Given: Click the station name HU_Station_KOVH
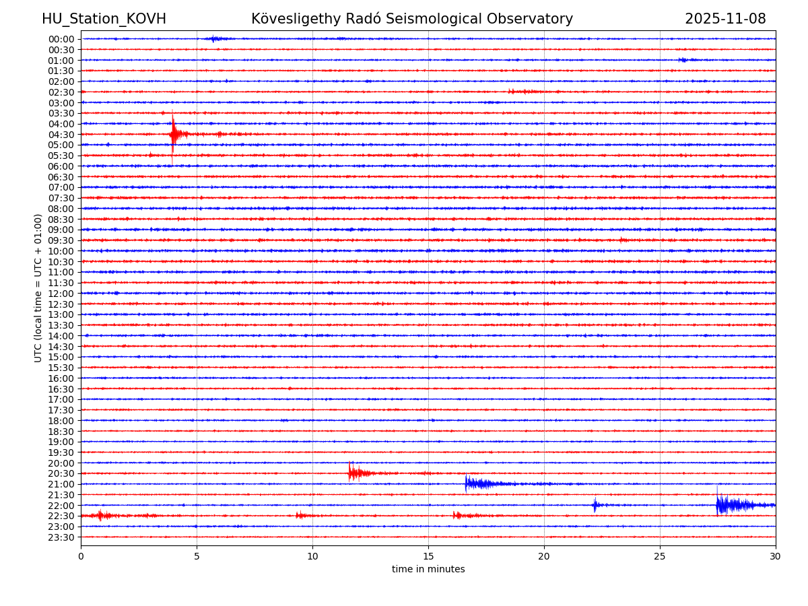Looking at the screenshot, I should [104, 19].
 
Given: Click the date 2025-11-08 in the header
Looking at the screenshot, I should [725, 19].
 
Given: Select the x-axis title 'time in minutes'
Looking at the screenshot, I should [428, 570].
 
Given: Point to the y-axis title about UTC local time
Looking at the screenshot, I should [38, 288].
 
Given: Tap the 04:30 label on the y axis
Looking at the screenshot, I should [61, 135].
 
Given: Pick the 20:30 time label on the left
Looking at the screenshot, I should [61, 474].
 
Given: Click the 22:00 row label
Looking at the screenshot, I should [61, 506].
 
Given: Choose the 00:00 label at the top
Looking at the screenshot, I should [61, 39].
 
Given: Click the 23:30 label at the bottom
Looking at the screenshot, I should [61, 537].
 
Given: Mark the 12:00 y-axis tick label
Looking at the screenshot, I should [61, 294].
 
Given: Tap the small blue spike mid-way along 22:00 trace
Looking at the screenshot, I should [595, 504].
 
